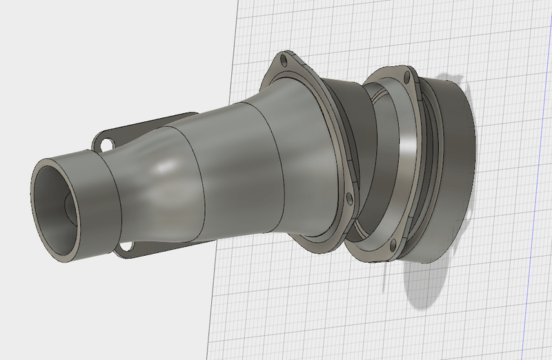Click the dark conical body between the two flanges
[x=345, y=138]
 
